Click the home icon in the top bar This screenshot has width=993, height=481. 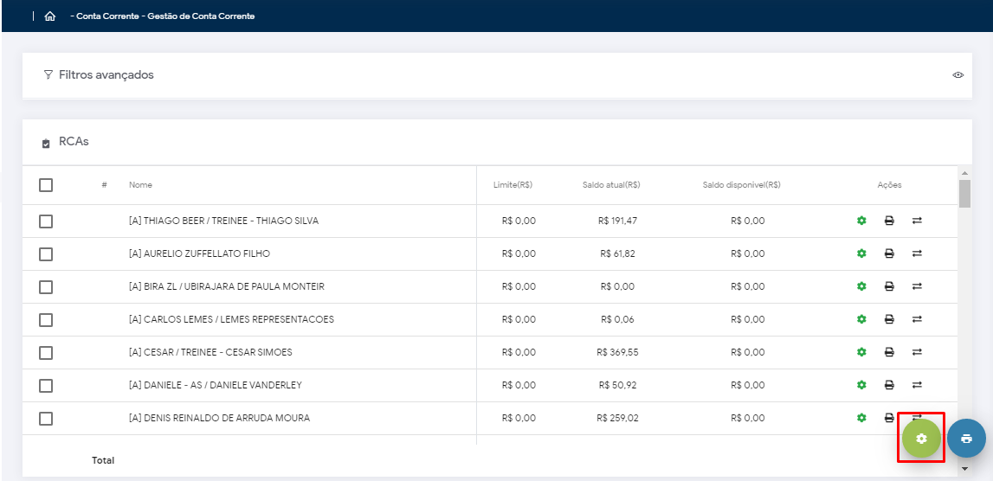coord(49,16)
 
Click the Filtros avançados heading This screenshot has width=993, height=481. coord(106,75)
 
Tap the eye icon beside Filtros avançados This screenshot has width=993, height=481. coord(958,75)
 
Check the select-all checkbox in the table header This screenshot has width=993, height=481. coord(46,185)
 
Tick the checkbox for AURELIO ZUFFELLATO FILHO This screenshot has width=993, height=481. coord(46,254)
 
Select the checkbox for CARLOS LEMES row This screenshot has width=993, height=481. coord(46,320)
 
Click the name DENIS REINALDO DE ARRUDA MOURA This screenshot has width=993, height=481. coord(219,418)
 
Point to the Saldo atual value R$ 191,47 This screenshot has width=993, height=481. coord(617,221)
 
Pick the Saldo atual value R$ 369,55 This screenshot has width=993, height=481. coord(617,352)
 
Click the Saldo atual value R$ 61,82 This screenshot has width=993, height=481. coord(617,253)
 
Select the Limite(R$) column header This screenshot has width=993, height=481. coord(513,185)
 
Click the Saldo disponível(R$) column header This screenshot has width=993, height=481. coord(741,185)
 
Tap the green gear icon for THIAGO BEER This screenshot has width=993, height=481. coord(861,221)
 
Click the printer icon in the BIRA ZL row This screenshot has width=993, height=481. coord(889,286)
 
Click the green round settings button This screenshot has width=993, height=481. coord(921,439)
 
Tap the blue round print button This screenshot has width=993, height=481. coord(966,439)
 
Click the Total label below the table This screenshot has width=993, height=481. coord(103,460)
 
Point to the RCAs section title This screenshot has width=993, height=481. coord(74,141)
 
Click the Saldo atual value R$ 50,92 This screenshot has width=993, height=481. coord(617,385)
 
